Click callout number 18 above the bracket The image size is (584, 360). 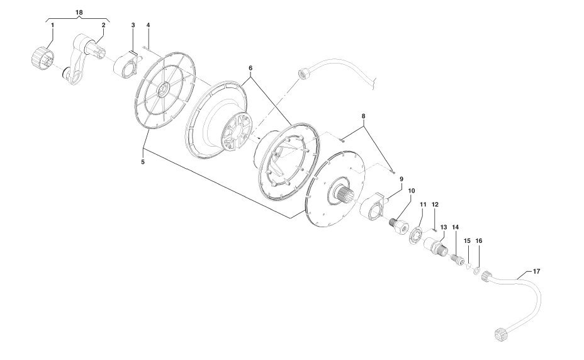pos(79,13)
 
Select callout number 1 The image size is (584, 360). pos(52,25)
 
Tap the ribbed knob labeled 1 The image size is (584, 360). pos(42,60)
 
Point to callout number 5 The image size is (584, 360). pos(143,162)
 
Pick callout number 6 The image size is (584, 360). pos(250,68)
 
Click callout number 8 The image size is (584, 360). pos(364,116)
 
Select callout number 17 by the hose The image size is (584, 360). pos(536,272)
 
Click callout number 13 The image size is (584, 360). pos(444,227)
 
